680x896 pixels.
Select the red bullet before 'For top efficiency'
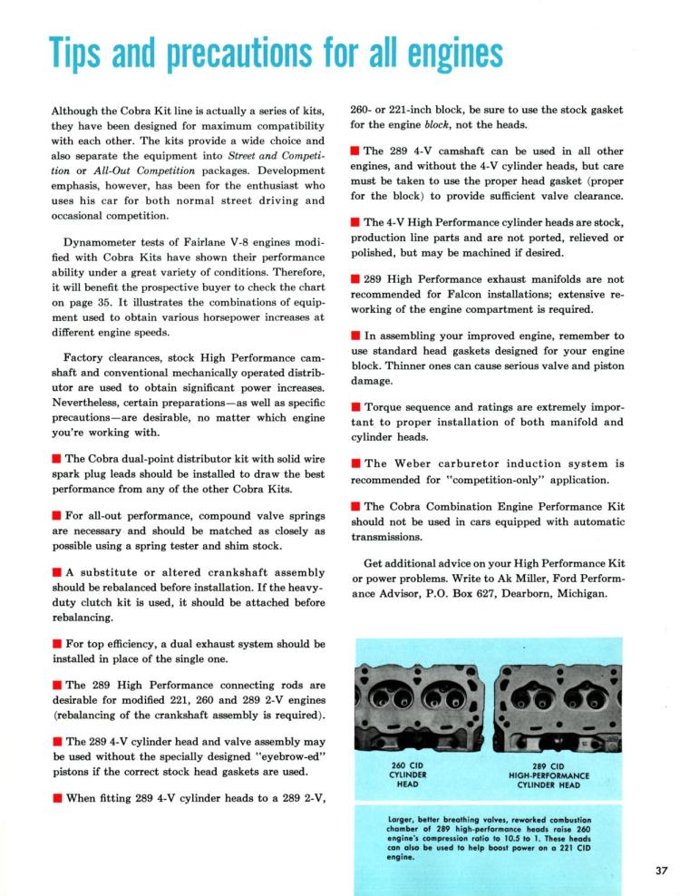pyautogui.click(x=57, y=645)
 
